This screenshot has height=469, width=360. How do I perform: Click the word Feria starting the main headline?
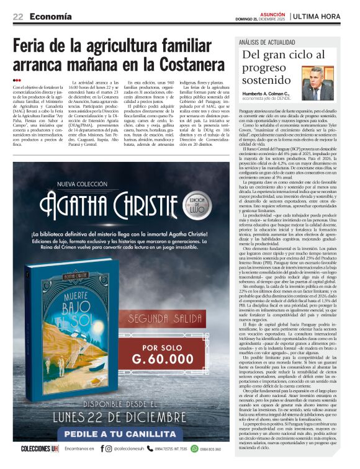pyautogui.click(x=38, y=45)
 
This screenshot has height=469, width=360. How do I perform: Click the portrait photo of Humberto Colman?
pyautogui.click(x=326, y=84)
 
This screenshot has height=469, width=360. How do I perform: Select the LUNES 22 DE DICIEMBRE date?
pyautogui.click(x=118, y=411)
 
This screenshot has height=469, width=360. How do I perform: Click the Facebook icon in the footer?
pyautogui.click(x=101, y=448)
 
